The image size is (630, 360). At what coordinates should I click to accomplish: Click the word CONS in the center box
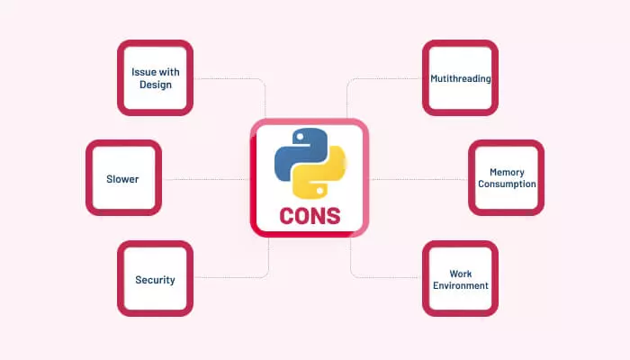click(309, 216)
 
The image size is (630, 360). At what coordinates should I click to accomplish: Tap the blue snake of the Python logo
click(298, 154)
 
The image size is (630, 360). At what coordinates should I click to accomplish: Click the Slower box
click(123, 178)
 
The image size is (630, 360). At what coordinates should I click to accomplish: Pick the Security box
click(155, 279)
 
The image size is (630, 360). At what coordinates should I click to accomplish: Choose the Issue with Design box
click(155, 78)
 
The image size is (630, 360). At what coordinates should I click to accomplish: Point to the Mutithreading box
click(460, 78)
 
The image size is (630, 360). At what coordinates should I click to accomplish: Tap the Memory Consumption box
click(507, 178)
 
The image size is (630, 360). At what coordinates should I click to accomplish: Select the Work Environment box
click(460, 279)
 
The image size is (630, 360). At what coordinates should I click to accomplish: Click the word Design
click(155, 85)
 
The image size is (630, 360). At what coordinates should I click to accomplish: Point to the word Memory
click(507, 172)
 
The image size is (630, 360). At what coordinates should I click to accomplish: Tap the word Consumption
click(507, 184)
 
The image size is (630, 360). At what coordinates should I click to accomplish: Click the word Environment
click(460, 286)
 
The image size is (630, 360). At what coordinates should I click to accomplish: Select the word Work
click(460, 273)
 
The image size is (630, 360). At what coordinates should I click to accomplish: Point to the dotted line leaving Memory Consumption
click(418, 178)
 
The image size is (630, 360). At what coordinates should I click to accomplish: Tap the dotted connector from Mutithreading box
click(387, 78)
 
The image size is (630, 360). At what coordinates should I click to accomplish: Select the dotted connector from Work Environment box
click(387, 276)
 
